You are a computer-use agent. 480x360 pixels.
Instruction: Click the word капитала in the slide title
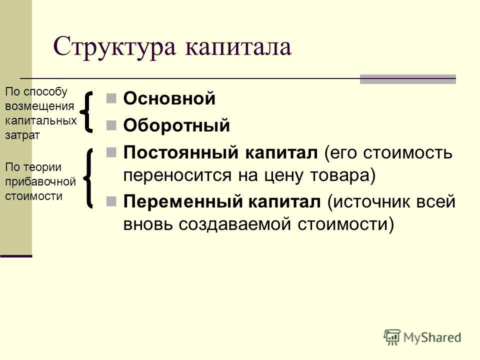tap(238, 47)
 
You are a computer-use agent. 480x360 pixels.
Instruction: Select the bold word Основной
tap(169, 98)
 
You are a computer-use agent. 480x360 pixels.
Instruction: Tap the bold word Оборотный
tap(176, 125)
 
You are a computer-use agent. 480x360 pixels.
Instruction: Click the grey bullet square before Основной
tap(111, 98)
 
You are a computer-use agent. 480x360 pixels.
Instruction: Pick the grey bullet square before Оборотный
tap(111, 125)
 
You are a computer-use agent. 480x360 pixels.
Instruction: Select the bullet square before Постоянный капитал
tap(111, 152)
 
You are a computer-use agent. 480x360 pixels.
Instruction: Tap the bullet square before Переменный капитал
tap(111, 201)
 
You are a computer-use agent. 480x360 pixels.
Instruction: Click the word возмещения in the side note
tap(39, 106)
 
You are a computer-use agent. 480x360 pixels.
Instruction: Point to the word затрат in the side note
tap(22, 135)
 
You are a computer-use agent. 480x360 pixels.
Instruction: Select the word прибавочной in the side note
tap(40, 182)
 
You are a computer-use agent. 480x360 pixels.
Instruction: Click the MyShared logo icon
tap(392, 337)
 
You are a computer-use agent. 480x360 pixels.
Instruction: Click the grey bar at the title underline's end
tap(408, 79)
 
